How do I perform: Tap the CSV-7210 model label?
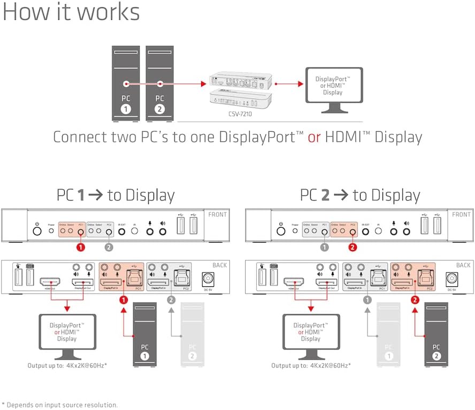point(239,113)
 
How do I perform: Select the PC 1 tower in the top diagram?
point(126,83)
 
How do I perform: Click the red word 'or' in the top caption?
point(314,136)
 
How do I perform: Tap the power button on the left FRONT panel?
point(37,232)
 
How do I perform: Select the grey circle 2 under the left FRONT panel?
point(109,248)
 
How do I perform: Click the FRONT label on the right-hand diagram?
point(462,215)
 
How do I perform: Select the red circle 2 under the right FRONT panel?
point(353,248)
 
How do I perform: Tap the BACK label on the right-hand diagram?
point(463,265)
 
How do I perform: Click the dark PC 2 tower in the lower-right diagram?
point(436,335)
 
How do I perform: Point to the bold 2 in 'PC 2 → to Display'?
point(325,195)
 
